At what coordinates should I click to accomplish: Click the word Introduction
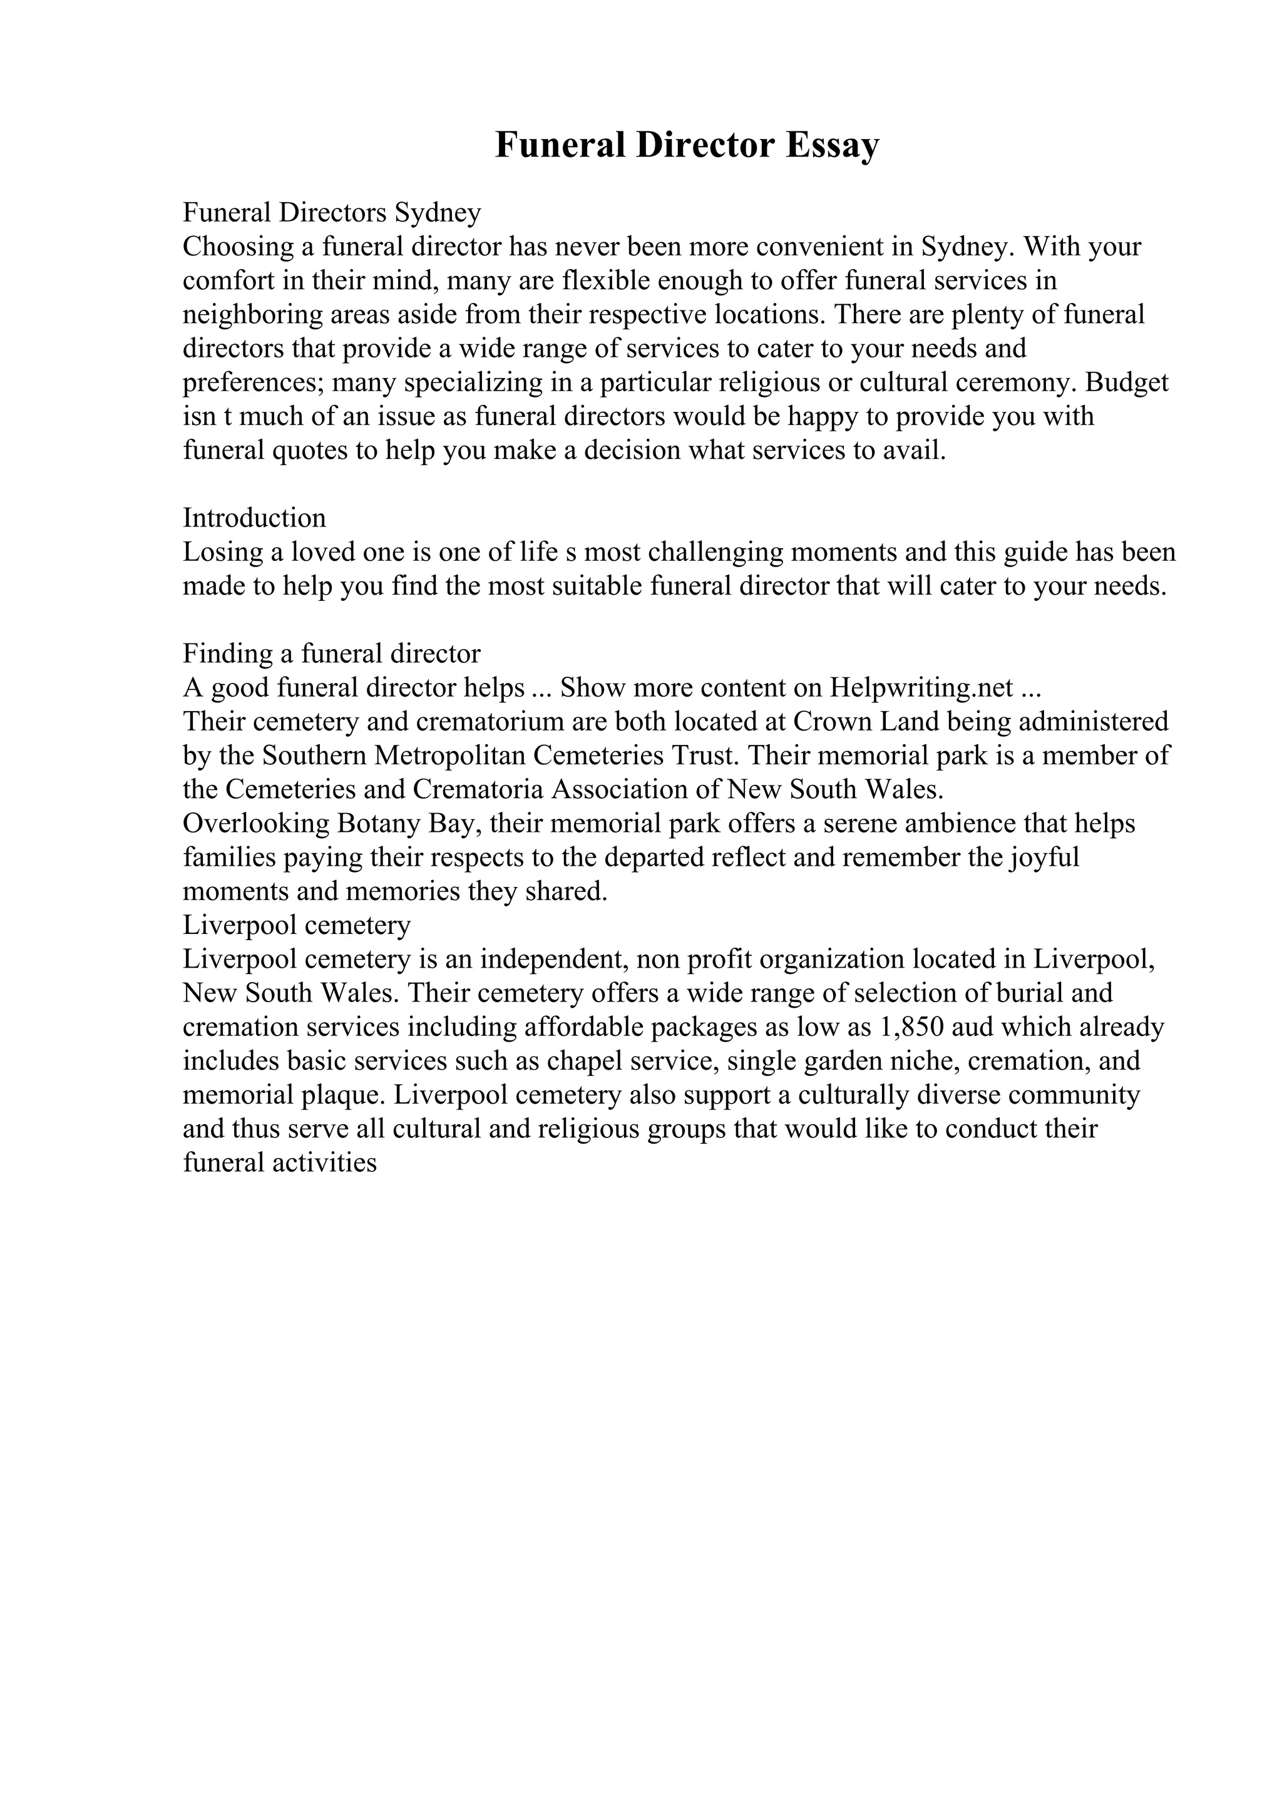(254, 518)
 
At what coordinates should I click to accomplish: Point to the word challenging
(715, 551)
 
